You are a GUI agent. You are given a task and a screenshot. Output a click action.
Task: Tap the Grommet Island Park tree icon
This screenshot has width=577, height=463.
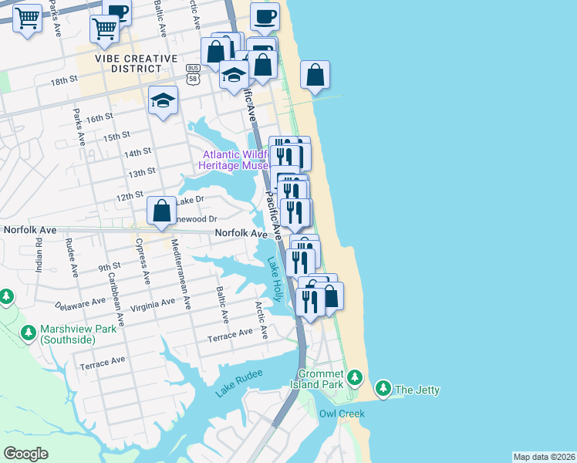pos(354,377)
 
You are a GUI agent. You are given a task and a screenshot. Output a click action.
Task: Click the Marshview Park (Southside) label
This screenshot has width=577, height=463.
pos(68,335)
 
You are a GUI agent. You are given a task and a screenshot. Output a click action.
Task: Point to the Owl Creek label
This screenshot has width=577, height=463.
pos(342,414)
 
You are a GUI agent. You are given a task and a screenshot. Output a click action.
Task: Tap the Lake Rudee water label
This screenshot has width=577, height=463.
pos(239,381)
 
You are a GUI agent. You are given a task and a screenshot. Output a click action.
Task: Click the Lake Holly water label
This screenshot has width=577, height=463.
pos(275,279)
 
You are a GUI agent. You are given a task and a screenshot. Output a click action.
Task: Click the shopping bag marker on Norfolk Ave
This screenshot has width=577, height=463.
pos(162,210)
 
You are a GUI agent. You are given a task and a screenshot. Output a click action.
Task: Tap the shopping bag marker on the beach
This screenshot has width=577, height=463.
pos(315,76)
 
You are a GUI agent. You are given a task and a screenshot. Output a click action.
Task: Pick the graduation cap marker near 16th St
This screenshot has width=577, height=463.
pos(163,100)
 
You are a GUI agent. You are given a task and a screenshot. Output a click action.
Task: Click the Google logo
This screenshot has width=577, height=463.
pos(26,453)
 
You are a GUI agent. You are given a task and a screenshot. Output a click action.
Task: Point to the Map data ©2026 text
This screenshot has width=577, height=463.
pos(543,457)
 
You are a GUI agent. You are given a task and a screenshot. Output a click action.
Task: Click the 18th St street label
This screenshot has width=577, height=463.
pos(65,79)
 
